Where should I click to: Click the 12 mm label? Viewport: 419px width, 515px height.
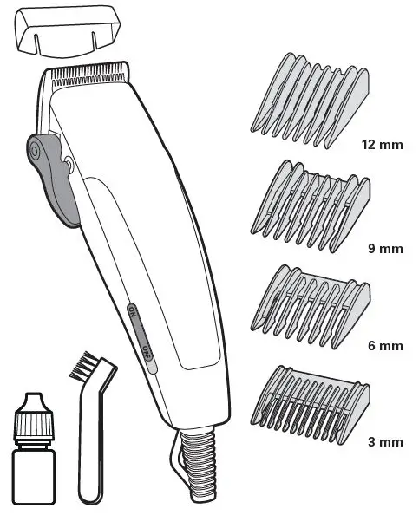[x=381, y=144]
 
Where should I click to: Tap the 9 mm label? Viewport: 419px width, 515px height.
[x=384, y=249]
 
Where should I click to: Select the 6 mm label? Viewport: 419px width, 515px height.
[x=384, y=346]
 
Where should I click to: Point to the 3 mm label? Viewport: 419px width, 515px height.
[x=384, y=442]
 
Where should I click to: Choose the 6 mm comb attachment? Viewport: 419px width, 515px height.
[x=311, y=303]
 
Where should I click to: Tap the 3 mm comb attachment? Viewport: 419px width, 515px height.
[x=311, y=400]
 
